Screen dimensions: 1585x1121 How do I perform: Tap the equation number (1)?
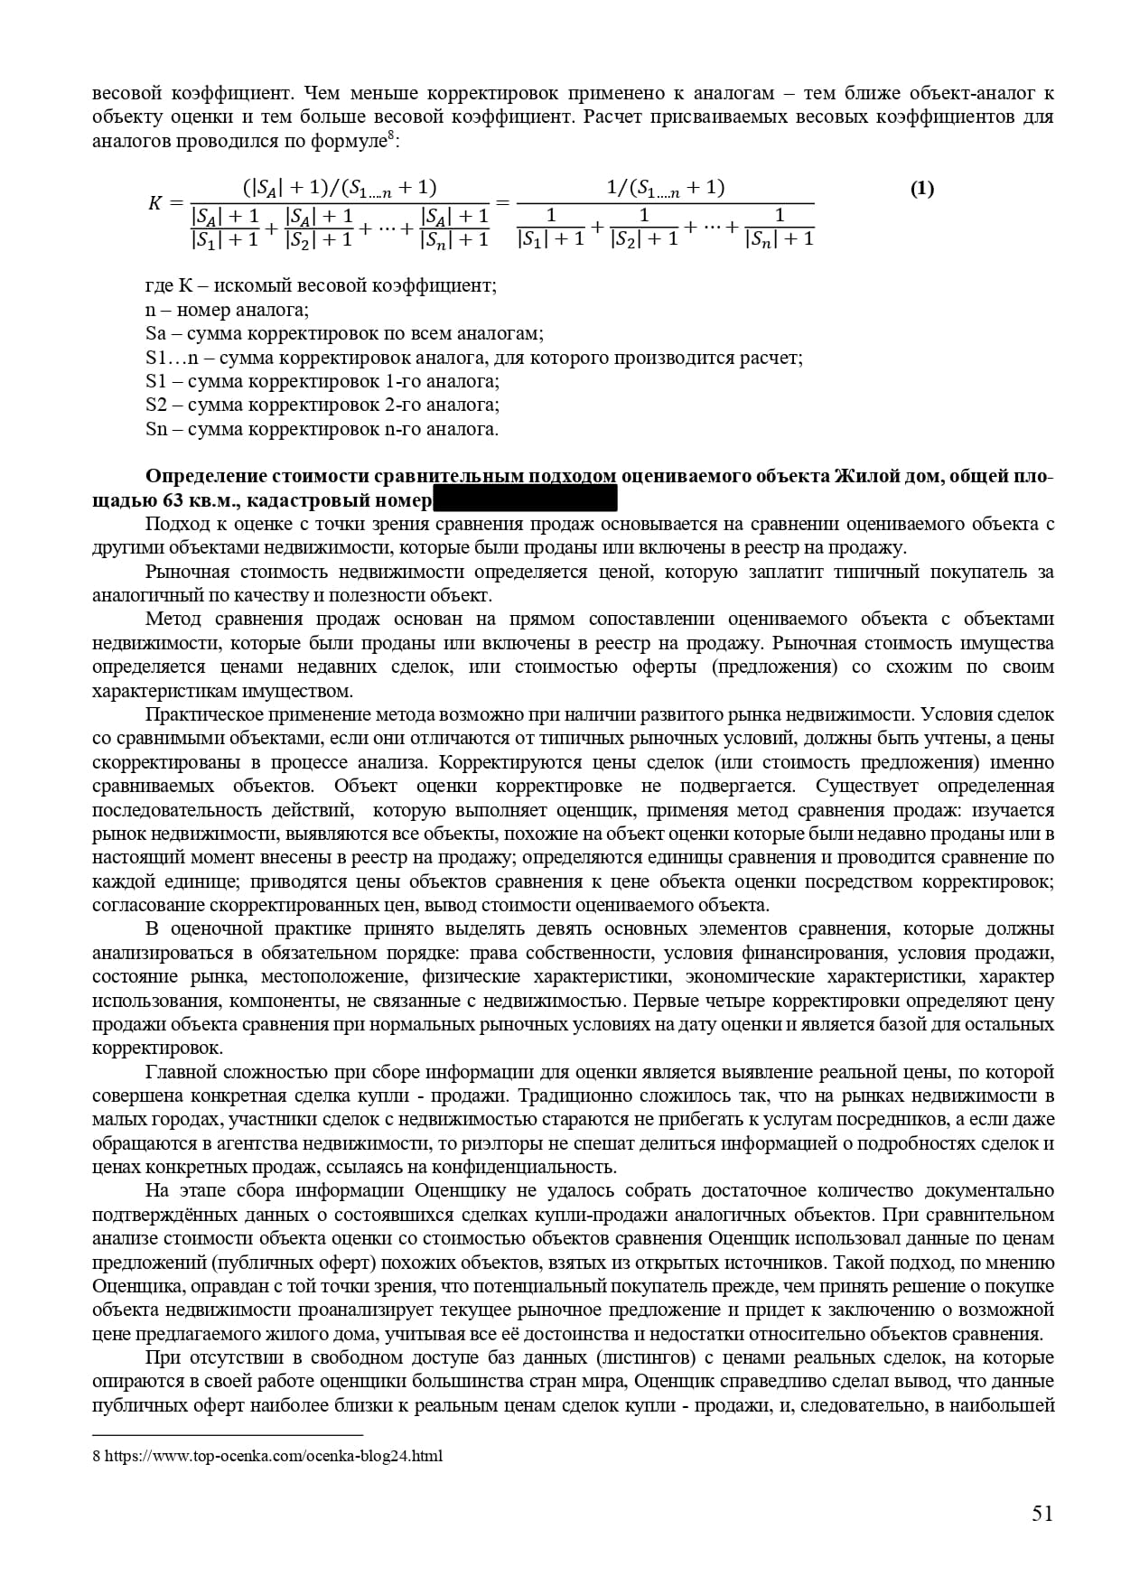(921, 189)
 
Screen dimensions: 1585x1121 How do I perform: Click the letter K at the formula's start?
(154, 203)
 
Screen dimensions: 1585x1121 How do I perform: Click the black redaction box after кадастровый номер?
(525, 499)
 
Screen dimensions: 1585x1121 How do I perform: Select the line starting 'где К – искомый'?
(321, 286)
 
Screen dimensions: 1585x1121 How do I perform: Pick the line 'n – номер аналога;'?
(227, 310)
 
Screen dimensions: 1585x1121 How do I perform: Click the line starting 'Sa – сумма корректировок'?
(344, 334)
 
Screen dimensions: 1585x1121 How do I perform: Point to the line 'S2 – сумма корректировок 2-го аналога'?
(322, 406)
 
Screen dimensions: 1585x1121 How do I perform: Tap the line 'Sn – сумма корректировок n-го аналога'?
(322, 429)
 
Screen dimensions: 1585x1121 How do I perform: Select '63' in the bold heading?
(173, 500)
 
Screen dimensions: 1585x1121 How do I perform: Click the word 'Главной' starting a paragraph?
(178, 1072)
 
